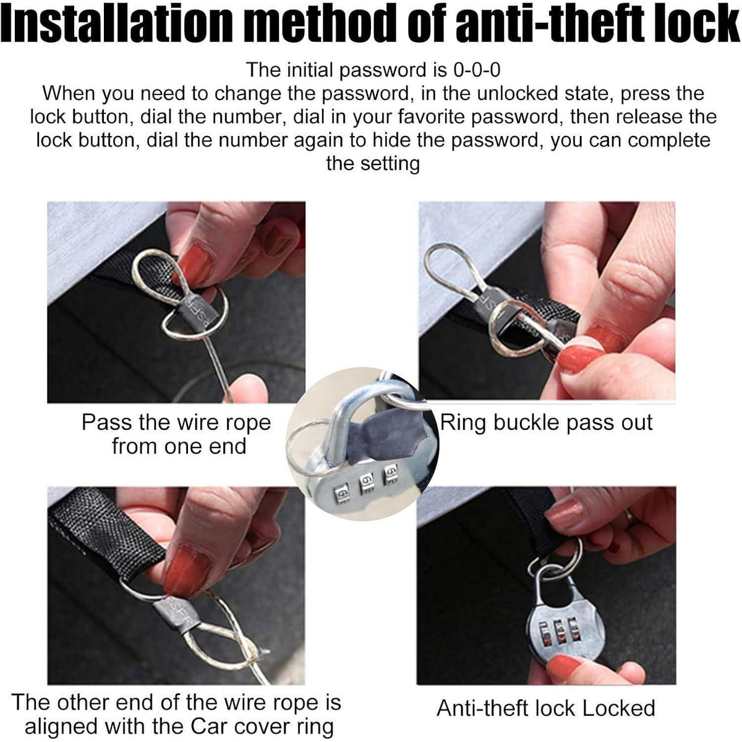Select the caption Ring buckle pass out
coord(547,423)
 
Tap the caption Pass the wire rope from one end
coord(177,434)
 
